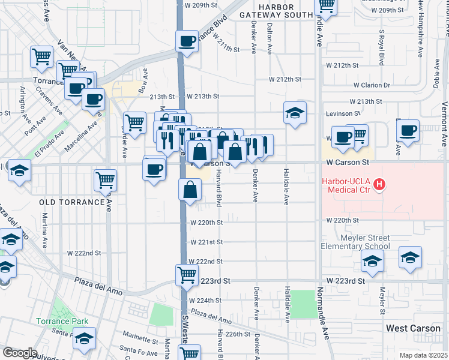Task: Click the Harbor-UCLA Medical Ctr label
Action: [348, 186]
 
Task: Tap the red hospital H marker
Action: [379, 185]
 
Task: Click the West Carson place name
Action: [414, 328]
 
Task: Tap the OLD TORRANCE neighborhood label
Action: [72, 202]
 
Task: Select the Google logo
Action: [20, 352]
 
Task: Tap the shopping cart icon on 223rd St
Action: [187, 275]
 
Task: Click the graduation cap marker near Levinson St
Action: [295, 112]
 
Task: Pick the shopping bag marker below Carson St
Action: [190, 190]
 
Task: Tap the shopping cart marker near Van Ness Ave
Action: [41, 56]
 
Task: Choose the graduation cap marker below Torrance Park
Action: [85, 339]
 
